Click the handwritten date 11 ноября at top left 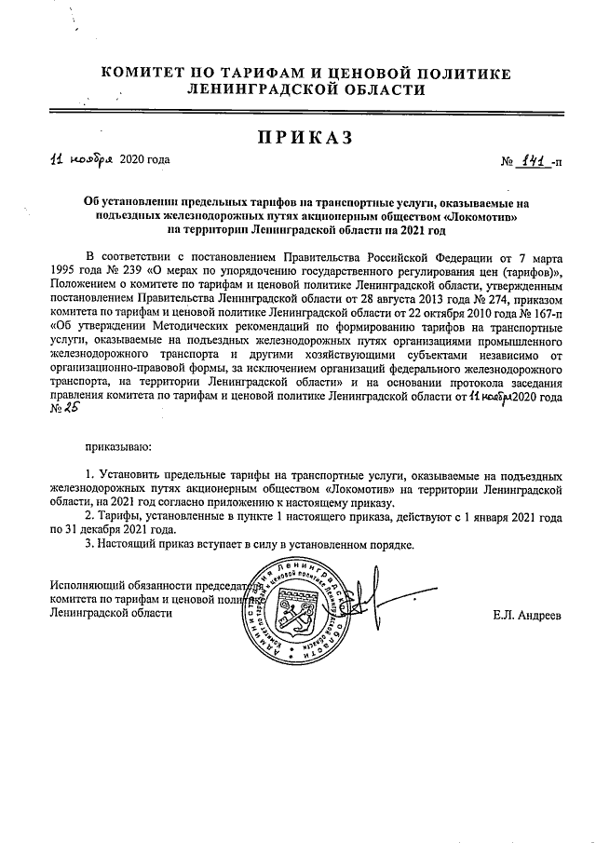[x=81, y=159]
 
